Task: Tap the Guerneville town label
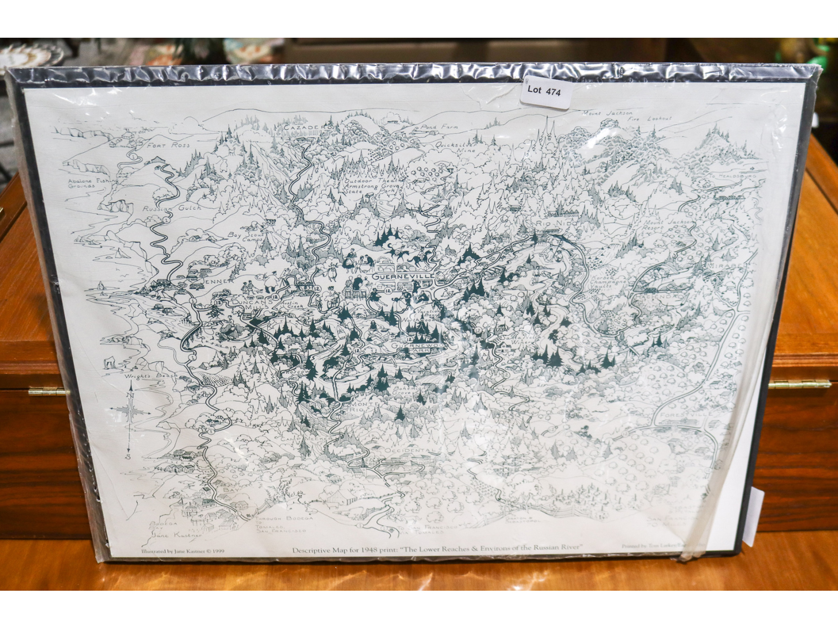[403, 276]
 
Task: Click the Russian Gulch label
[172, 208]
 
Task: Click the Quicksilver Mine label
[456, 147]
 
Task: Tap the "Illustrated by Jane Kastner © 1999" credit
[183, 551]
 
